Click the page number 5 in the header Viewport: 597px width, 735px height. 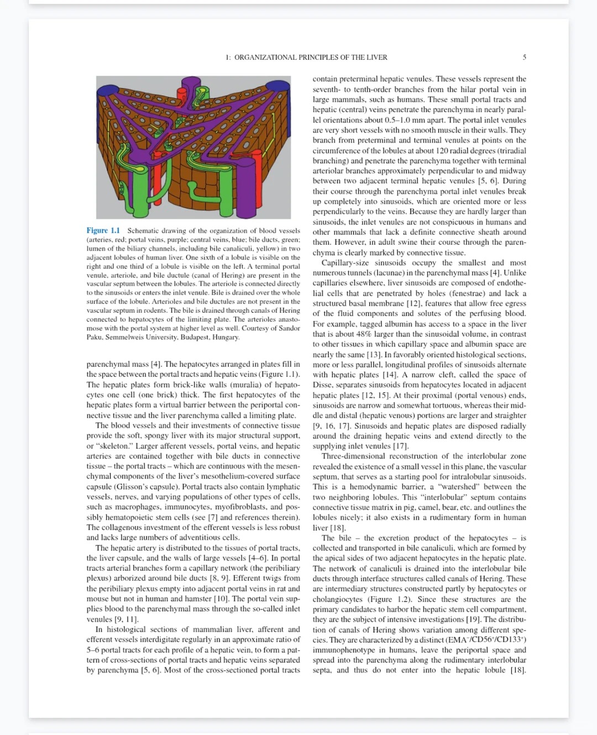pyautogui.click(x=524, y=57)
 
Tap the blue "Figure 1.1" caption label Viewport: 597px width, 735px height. pyautogui.click(x=103, y=230)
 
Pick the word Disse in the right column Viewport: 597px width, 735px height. pyautogui.click(x=323, y=385)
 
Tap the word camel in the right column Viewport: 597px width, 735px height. pyautogui.click(x=436, y=507)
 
